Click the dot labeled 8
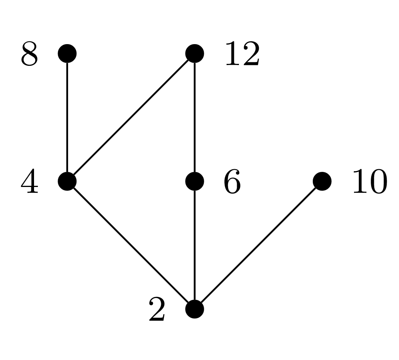pyautogui.click(x=67, y=53)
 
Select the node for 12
pyautogui.click(x=194, y=53)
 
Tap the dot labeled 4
pyautogui.click(x=67, y=181)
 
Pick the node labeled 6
pyautogui.click(x=194, y=181)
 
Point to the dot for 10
pyautogui.click(x=322, y=181)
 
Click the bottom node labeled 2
pyautogui.click(x=194, y=309)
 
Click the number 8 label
pyautogui.click(x=29, y=55)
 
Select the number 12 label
pyautogui.click(x=242, y=55)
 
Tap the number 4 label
pyautogui.click(x=29, y=182)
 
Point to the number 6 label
pyautogui.click(x=232, y=182)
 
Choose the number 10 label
pyautogui.click(x=369, y=182)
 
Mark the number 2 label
pyautogui.click(x=157, y=310)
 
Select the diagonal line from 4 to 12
pyautogui.click(x=131, y=117)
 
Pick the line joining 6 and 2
pyautogui.click(x=194, y=245)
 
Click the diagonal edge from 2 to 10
pyautogui.click(x=258, y=245)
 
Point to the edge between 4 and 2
pyautogui.click(x=131, y=245)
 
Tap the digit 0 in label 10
pyautogui.click(x=378, y=182)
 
